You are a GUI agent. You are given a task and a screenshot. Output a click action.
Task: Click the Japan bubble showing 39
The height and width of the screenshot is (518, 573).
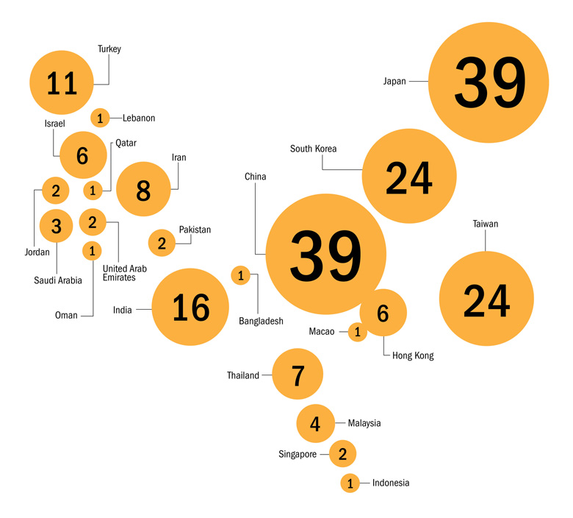click(489, 82)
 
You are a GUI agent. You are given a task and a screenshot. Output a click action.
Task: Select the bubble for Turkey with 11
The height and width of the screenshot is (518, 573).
click(62, 82)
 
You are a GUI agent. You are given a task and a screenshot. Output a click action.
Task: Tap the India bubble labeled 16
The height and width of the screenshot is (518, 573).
click(190, 307)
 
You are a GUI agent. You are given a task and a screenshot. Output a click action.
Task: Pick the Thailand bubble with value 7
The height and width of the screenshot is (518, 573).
click(298, 374)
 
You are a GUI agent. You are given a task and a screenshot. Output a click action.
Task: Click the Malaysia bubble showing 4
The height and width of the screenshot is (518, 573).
click(315, 423)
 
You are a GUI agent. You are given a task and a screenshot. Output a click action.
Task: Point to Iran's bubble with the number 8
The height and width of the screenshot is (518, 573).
click(143, 189)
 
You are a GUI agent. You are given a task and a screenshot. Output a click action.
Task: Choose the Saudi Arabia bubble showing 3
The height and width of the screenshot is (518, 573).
click(56, 226)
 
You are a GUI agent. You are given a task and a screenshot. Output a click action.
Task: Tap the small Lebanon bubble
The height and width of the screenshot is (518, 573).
click(100, 118)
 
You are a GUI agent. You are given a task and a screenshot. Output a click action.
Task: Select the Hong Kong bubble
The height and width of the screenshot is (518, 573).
click(383, 312)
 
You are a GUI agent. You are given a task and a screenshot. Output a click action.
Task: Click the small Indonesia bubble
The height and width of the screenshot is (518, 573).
click(350, 483)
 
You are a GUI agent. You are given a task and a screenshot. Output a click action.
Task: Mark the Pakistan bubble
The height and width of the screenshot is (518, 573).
click(162, 243)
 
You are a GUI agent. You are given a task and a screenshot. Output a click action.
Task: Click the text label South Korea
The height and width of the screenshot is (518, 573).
click(313, 149)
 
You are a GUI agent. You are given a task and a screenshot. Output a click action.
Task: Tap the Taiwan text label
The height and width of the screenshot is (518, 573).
click(486, 224)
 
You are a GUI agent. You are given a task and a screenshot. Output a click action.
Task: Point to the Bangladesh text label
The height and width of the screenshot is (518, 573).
click(261, 321)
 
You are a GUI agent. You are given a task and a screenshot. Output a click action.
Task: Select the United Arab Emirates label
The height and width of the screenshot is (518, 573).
click(125, 273)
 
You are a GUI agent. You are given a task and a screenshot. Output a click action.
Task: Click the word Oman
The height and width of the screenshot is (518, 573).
click(66, 315)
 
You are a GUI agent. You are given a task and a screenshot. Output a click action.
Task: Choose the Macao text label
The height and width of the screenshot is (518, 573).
click(322, 331)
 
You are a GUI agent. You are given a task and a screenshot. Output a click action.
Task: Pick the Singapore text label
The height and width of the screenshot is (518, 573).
click(298, 454)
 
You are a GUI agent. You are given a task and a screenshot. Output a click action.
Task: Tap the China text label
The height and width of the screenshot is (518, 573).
click(255, 177)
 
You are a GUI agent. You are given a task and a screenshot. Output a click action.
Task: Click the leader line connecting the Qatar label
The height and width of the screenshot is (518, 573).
click(111, 167)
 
